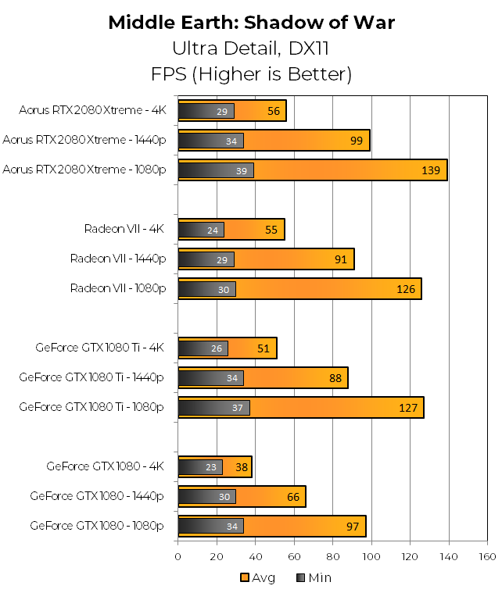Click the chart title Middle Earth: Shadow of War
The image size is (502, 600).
(x=251, y=23)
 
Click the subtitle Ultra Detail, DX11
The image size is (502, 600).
(x=251, y=48)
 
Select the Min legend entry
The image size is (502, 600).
(x=312, y=578)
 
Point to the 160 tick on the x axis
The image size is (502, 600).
(x=486, y=556)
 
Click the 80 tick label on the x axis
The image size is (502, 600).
(x=332, y=556)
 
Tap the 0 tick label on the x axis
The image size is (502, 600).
(x=178, y=556)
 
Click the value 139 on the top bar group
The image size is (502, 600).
(x=432, y=170)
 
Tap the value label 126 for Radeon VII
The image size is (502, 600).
(x=407, y=289)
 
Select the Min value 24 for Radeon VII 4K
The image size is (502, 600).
(x=213, y=230)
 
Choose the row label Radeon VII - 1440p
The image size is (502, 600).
(x=118, y=259)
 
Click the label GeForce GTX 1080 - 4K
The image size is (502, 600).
(x=105, y=466)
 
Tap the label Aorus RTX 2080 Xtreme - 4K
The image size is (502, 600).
(x=93, y=110)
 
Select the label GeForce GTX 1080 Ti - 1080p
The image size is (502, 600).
(x=91, y=407)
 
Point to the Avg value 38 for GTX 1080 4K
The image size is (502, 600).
(x=241, y=467)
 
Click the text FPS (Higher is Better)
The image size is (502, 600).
(x=251, y=74)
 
